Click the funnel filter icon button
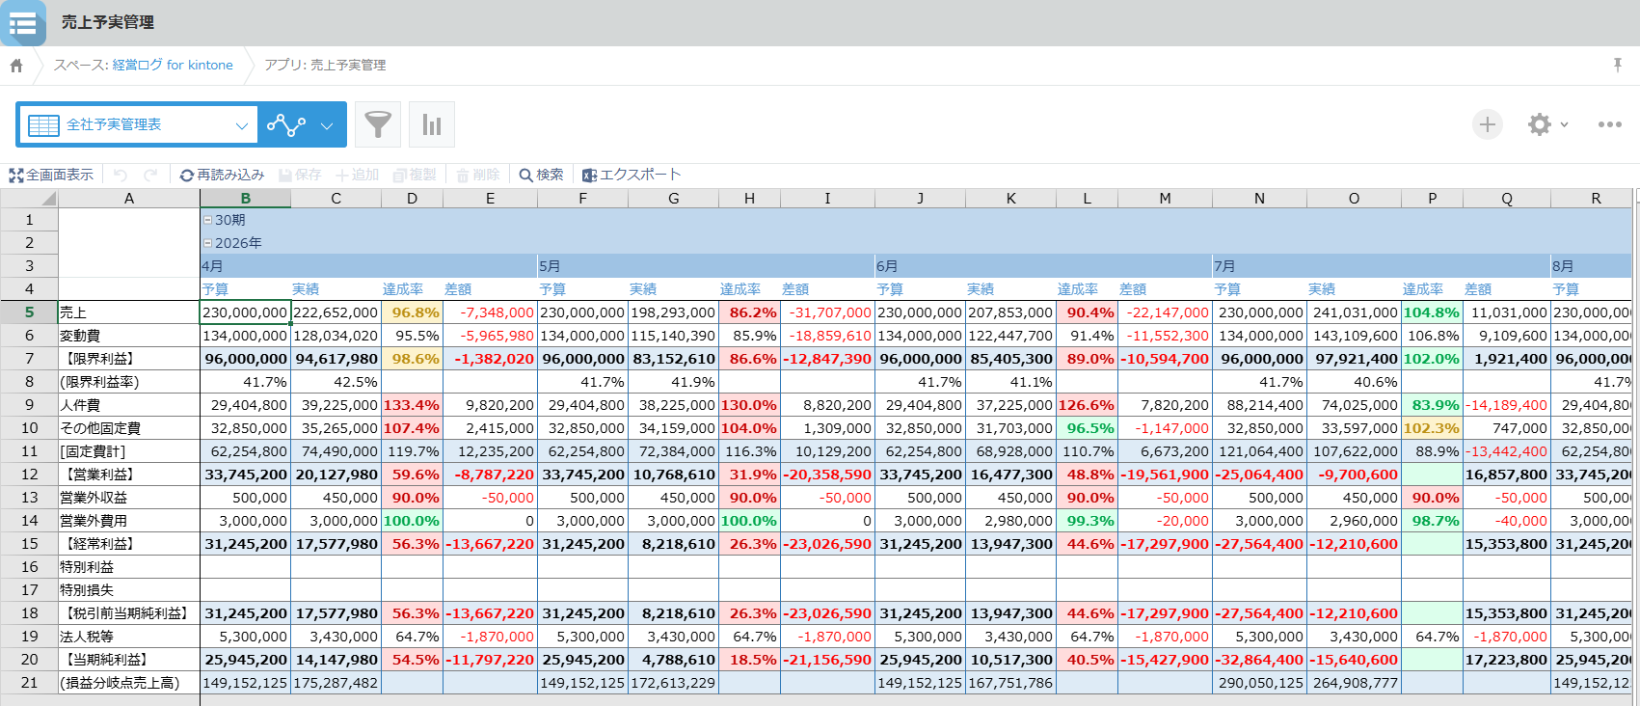click(378, 124)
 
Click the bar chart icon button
click(432, 124)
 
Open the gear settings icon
click(1539, 124)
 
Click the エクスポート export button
click(632, 175)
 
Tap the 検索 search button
click(541, 175)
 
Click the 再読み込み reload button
click(222, 175)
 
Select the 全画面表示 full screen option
click(51, 175)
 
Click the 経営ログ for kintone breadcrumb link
click(173, 66)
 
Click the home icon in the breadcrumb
click(16, 66)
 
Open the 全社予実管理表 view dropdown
click(137, 124)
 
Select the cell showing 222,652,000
click(336, 312)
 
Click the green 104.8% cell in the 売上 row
click(1432, 312)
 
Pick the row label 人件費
click(81, 405)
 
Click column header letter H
click(749, 199)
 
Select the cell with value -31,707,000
click(827, 312)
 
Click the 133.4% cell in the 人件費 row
click(413, 405)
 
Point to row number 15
click(29, 544)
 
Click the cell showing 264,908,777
click(1355, 683)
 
